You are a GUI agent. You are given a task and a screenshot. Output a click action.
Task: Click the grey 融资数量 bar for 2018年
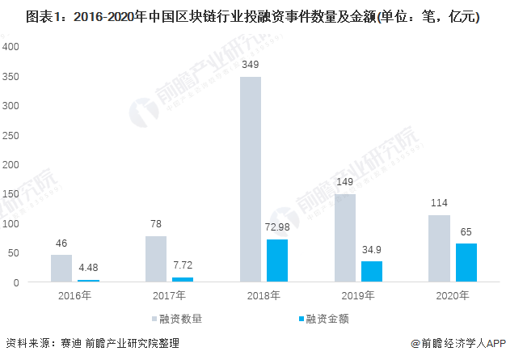[x=250, y=180]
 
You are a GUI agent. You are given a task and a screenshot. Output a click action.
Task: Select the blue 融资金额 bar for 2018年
[x=277, y=260]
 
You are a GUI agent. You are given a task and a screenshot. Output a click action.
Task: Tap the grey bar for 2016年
[x=61, y=269]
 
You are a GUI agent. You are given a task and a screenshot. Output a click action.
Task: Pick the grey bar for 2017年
[x=155, y=259]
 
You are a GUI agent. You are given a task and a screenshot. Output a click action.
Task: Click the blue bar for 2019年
[x=372, y=271]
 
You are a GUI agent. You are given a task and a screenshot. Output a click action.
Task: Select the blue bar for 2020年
[x=466, y=263]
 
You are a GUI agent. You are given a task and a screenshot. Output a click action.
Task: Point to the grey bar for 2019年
[x=344, y=238]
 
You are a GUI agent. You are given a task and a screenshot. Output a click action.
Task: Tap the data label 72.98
[x=277, y=227]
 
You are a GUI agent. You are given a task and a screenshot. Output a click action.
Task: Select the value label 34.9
[x=372, y=249]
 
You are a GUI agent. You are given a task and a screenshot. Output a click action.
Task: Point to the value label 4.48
[x=88, y=267]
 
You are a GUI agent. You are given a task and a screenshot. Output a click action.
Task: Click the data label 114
[x=439, y=202]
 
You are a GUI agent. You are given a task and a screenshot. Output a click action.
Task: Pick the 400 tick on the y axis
[x=11, y=46]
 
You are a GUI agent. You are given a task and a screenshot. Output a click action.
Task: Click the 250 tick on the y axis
[x=11, y=135]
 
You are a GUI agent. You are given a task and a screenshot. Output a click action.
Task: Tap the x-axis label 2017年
[x=169, y=295]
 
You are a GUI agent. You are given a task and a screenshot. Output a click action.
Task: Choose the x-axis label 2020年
[x=453, y=295]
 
